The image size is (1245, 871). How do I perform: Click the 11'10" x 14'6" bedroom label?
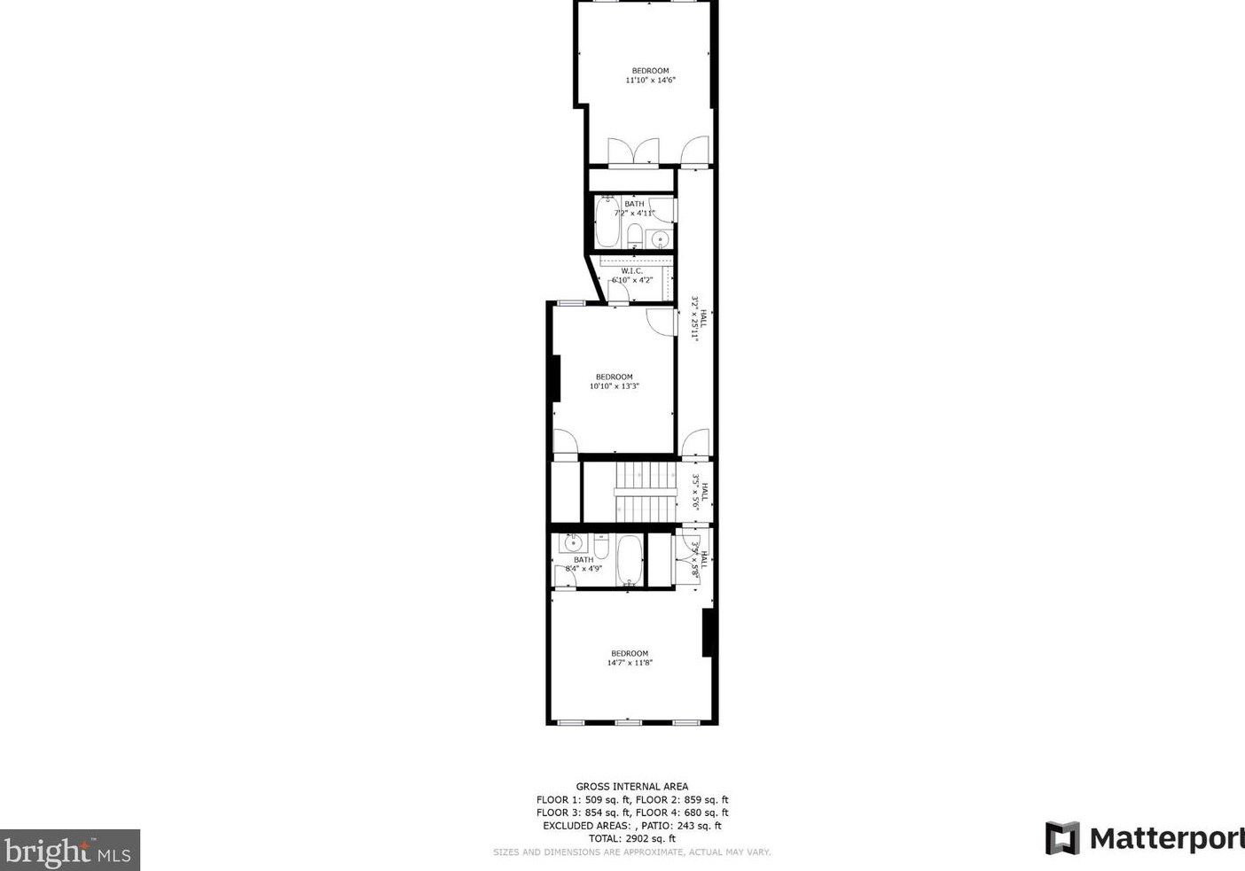[650, 75]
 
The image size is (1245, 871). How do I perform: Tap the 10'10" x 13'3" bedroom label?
[614, 381]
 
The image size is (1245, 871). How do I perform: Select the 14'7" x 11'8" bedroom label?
[630, 657]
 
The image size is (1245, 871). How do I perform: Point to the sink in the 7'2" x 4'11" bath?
[660, 238]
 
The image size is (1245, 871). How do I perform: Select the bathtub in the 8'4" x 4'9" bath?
[629, 560]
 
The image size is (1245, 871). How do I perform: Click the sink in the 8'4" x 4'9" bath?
[572, 542]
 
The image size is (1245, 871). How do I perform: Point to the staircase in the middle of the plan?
[646, 493]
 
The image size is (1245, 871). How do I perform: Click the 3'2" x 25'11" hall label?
[700, 319]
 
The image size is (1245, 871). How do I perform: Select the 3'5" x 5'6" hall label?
[700, 493]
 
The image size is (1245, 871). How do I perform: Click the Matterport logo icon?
[1062, 837]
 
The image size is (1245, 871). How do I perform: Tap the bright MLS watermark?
[69, 851]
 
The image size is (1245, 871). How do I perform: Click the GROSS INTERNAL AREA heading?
[631, 786]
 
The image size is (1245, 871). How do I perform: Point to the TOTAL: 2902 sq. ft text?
[631, 838]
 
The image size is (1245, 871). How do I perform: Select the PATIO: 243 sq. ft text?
[681, 826]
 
